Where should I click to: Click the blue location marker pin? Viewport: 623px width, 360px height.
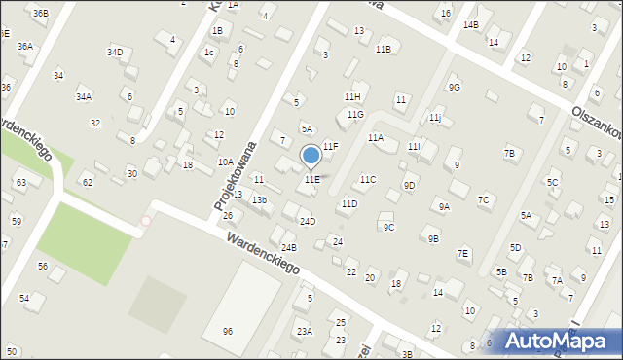(x=311, y=155)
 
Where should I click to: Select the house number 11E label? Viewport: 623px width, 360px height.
(x=311, y=180)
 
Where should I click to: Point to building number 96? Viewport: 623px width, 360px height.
(x=228, y=331)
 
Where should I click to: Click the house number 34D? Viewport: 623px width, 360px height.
(x=116, y=52)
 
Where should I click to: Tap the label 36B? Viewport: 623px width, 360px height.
(x=40, y=13)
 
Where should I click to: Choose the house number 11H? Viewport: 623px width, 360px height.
(x=352, y=97)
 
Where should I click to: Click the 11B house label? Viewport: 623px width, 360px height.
(x=383, y=49)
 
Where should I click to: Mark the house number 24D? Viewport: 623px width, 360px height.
(x=308, y=222)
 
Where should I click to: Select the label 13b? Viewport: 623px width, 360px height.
(x=259, y=200)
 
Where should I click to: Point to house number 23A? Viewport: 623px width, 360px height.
(x=305, y=332)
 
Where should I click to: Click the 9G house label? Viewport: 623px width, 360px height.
(x=454, y=88)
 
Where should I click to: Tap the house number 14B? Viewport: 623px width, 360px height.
(x=471, y=24)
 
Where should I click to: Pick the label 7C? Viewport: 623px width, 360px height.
(x=483, y=200)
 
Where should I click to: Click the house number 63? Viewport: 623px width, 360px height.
(x=20, y=183)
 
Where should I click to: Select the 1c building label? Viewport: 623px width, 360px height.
(x=208, y=53)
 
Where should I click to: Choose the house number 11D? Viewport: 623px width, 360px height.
(x=348, y=204)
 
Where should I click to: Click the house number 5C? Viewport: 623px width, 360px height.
(x=552, y=182)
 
